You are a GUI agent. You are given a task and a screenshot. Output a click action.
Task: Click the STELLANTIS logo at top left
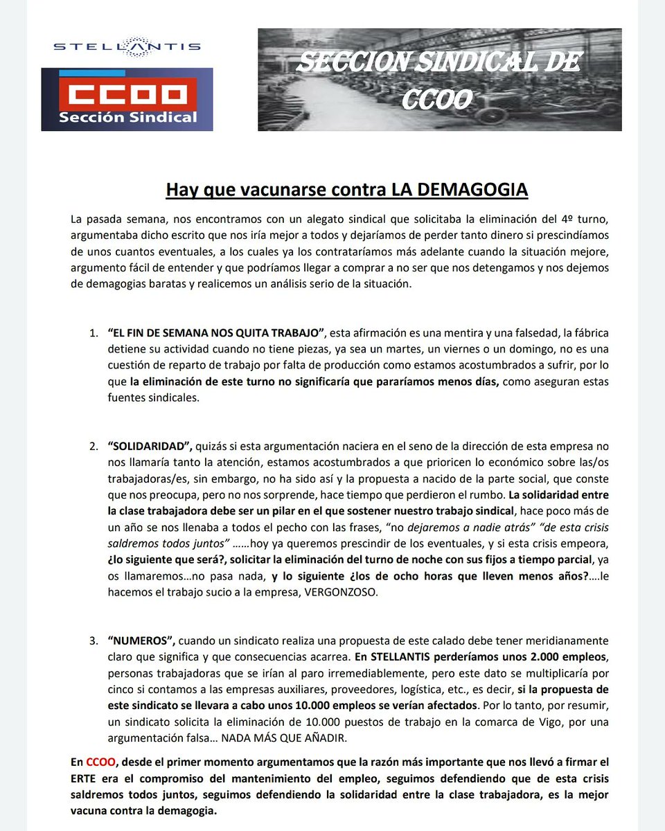coord(127,46)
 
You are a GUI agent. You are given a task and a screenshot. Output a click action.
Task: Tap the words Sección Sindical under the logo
coord(127,117)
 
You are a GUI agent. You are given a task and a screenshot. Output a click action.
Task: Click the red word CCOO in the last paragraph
coord(99,762)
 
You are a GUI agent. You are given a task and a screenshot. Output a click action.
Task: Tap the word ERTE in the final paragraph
coord(85,778)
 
